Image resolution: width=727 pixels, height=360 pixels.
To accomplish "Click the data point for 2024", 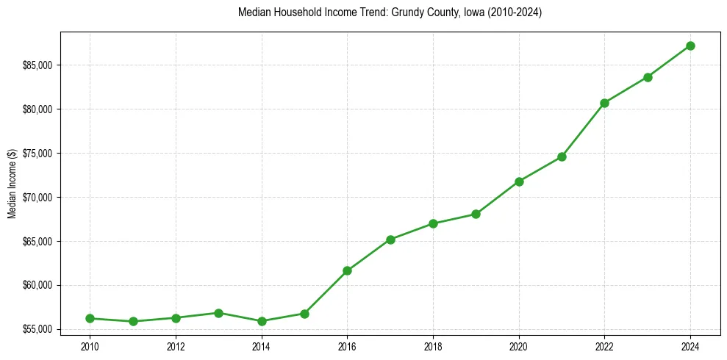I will pos(690,46).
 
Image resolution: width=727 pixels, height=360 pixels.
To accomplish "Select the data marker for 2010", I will pos(90,318).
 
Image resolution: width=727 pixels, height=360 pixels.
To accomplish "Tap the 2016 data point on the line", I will pos(347,270).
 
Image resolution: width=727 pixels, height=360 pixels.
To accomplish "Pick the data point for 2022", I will pos(604,103).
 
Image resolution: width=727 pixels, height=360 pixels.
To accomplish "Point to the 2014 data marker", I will pos(261,321).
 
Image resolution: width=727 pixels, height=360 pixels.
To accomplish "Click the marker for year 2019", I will pos(476,214).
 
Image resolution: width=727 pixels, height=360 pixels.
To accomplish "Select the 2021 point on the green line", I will pos(562,156).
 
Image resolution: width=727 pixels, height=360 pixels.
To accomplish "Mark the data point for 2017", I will pos(390,240).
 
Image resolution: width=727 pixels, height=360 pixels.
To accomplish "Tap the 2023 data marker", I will pos(648,77).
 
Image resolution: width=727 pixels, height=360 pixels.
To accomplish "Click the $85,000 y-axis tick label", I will pos(37,65).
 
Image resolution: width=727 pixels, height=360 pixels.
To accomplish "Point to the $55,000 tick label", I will pos(37,329).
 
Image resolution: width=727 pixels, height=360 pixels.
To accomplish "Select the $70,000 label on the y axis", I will pos(37,198).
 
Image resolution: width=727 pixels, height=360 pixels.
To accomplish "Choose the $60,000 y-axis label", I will pos(37,285).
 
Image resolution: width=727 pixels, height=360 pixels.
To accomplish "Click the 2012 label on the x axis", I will pos(176,346).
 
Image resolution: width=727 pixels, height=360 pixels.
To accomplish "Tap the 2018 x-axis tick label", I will pos(433,346).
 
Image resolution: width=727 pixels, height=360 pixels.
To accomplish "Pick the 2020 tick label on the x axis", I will pos(519,346).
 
